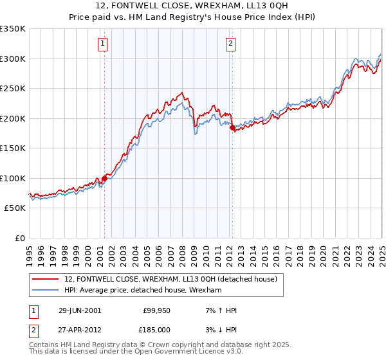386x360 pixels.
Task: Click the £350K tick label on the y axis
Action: click(13, 29)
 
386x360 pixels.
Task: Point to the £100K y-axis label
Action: click(13, 178)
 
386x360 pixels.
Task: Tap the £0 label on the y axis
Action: click(19, 238)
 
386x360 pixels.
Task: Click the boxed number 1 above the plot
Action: click(103, 44)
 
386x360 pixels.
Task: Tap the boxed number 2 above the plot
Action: click(230, 44)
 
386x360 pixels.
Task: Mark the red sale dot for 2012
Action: click(232, 128)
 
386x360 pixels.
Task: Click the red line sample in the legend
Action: click(45, 279)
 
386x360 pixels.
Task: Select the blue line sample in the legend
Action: click(45, 290)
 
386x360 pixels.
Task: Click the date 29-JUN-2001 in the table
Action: click(80, 310)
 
